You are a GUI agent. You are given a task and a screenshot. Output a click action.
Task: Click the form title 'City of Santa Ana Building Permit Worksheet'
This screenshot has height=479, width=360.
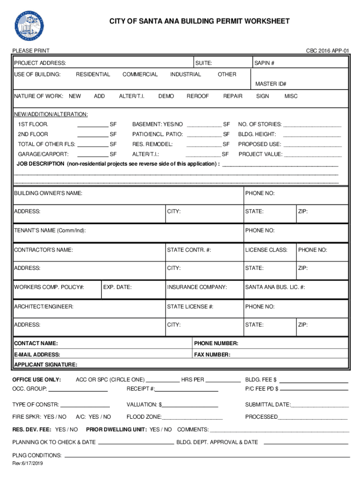pyautogui.click(x=199, y=21)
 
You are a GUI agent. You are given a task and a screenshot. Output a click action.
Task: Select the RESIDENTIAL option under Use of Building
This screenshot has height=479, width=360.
pyautogui.click(x=93, y=74)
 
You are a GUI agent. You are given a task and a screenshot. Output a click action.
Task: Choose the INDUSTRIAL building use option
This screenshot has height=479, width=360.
pyautogui.click(x=186, y=74)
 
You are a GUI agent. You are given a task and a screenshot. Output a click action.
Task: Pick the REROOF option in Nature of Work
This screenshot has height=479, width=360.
pyautogui.click(x=198, y=96)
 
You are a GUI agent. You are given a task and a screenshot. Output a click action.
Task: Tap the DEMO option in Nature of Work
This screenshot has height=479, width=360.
pyautogui.click(x=166, y=96)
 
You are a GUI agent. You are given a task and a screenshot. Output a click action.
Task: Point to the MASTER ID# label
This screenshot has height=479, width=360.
pyautogui.click(x=271, y=84)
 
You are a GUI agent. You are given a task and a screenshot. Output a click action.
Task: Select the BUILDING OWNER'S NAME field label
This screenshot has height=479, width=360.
pyautogui.click(x=48, y=193)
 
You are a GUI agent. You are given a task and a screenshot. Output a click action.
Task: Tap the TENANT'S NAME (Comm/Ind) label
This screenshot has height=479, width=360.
pyautogui.click(x=50, y=231)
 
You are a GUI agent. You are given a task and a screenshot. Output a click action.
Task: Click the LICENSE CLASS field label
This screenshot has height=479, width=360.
pyautogui.click(x=266, y=250)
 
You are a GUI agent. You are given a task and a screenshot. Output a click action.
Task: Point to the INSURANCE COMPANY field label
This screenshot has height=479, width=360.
pyautogui.click(x=197, y=287)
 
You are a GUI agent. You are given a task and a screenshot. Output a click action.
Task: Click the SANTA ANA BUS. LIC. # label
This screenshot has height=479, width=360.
pyautogui.click(x=275, y=287)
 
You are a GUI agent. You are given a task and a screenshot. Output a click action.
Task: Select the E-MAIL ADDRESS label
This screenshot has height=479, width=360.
pyautogui.click(x=37, y=355)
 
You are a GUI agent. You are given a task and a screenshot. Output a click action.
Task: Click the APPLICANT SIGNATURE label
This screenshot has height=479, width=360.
pyautogui.click(x=46, y=364)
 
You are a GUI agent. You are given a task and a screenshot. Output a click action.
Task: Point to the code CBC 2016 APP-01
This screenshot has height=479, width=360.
pyautogui.click(x=327, y=51)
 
